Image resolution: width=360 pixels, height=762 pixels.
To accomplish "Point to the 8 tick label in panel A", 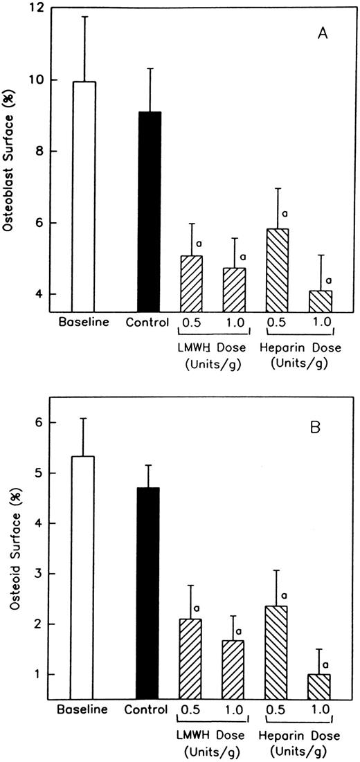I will click(48, 152).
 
